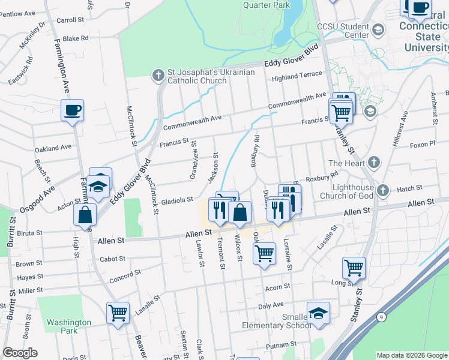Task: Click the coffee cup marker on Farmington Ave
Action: [x=72, y=110]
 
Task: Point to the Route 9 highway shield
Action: [x=381, y=317]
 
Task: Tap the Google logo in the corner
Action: [x=20, y=353]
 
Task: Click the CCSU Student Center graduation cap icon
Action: [x=378, y=29]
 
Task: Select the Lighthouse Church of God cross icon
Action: [x=384, y=191]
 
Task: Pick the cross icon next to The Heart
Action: [x=373, y=163]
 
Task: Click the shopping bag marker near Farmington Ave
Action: [x=85, y=215]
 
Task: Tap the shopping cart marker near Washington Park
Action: [x=118, y=313]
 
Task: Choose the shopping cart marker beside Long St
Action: [x=354, y=267]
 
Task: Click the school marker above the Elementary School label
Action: [x=318, y=313]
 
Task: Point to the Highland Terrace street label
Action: [x=297, y=76]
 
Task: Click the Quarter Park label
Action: [x=266, y=5]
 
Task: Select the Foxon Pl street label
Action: [x=422, y=145]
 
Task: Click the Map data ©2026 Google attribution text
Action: [x=411, y=355]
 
